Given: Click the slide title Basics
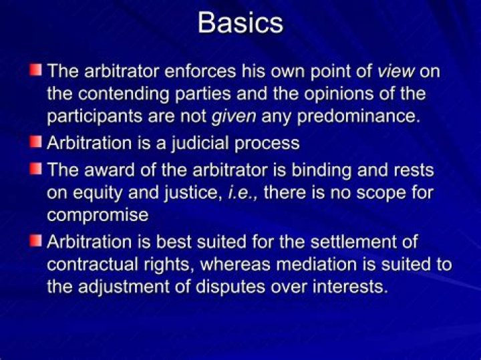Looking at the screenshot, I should (240, 23).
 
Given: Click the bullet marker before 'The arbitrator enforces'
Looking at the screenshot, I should (35, 69).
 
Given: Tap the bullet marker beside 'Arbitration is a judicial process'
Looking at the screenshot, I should (35, 142).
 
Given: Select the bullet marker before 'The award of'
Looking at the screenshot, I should (35, 168).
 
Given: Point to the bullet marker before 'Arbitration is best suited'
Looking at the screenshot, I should (35, 240).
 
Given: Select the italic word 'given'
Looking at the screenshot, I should (233, 116).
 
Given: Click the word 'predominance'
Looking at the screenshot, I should (340, 116).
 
